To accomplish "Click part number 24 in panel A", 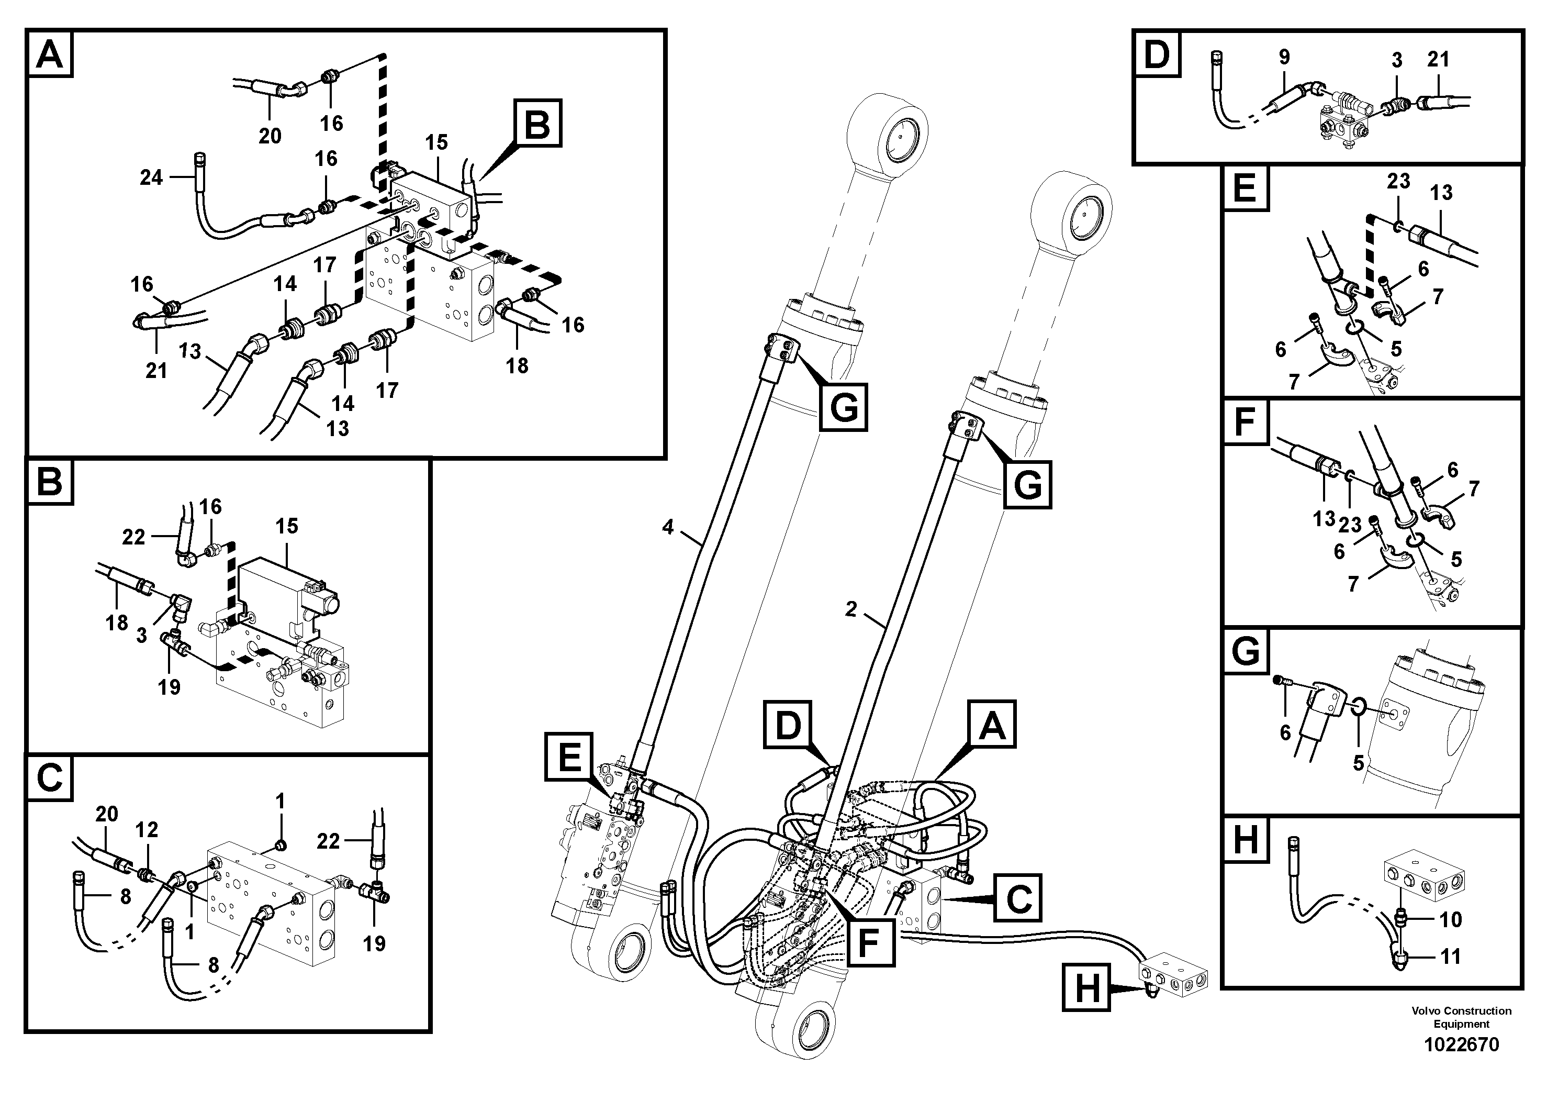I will (151, 178).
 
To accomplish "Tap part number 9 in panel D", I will (1284, 58).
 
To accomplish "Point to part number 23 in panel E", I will (1398, 181).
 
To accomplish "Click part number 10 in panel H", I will (1451, 920).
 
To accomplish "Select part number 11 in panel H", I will (1450, 957).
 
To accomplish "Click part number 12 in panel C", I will (147, 829).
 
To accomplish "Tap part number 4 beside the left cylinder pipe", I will (668, 527).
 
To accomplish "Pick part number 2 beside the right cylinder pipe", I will (851, 609).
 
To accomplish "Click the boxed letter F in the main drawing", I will (871, 941).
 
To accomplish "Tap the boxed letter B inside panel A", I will (537, 123).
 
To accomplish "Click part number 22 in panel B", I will (133, 537).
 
